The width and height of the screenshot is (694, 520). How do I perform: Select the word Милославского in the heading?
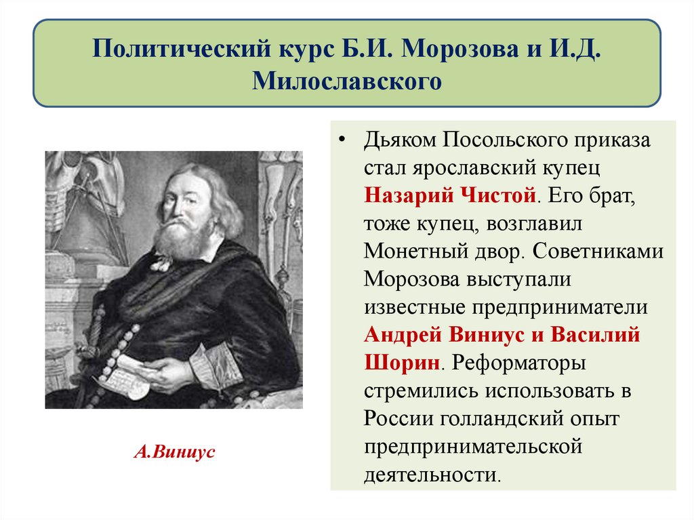[x=347, y=81]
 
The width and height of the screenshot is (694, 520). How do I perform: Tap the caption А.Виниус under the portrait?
[x=174, y=452]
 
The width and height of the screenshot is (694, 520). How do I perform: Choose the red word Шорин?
[x=401, y=362]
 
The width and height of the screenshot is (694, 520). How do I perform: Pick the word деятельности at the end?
[x=431, y=473]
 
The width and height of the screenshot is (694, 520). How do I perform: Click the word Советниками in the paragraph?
[x=597, y=251]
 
